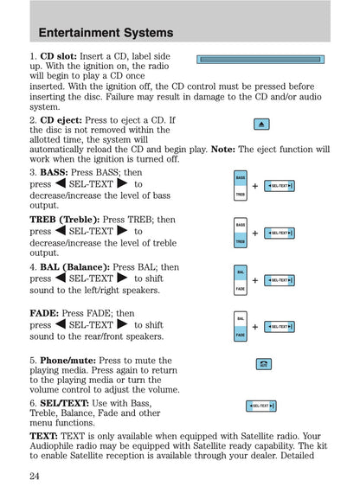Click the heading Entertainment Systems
106,33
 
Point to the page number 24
35,477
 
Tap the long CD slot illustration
260,60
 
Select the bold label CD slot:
58,56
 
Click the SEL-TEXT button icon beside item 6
261,406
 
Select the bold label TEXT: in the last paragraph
45,437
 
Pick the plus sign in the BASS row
254,187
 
